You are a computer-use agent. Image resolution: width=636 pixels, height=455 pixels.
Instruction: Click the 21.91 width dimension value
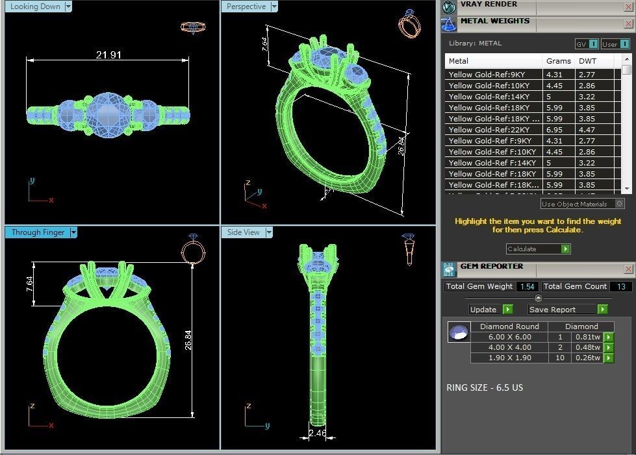(x=108, y=55)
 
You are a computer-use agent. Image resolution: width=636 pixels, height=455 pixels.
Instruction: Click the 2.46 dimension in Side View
(x=318, y=433)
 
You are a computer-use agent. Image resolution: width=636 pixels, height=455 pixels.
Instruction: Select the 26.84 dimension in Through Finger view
(x=188, y=339)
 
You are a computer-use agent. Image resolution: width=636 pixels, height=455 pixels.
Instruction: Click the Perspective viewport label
(x=246, y=6)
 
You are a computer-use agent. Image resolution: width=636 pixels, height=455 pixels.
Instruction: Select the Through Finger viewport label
(x=37, y=232)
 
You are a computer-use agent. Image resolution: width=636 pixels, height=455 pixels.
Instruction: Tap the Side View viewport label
(x=244, y=232)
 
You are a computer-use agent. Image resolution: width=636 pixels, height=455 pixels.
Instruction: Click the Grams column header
(x=558, y=61)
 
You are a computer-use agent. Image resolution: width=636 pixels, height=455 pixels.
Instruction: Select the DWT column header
(x=588, y=61)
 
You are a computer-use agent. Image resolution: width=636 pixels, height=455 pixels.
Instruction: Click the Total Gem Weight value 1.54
(x=527, y=286)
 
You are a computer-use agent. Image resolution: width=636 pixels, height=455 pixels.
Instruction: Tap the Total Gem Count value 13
(x=620, y=286)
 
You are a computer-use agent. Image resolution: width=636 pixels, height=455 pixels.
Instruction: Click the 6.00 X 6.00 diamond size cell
(x=509, y=337)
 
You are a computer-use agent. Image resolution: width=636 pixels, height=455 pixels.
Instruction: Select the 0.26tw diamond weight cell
(x=587, y=358)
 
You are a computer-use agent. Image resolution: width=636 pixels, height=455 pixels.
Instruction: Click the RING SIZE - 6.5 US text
(x=485, y=387)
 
